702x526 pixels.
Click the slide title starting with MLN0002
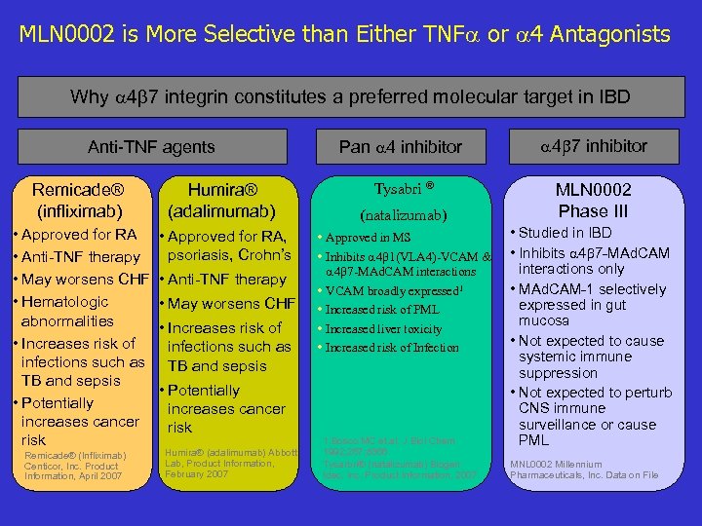pyautogui.click(x=344, y=35)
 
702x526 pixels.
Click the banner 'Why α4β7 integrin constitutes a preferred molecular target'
pyautogui.click(x=350, y=97)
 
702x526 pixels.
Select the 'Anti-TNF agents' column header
pyautogui.click(x=151, y=147)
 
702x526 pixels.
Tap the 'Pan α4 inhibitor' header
pyautogui.click(x=400, y=147)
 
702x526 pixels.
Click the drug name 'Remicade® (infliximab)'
pyautogui.click(x=78, y=200)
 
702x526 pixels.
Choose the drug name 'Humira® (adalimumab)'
pyautogui.click(x=220, y=200)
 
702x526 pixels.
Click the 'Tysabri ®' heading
pyautogui.click(x=404, y=188)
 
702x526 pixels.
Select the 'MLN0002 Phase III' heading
pyautogui.click(x=594, y=200)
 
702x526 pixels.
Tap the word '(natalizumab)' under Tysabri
pyautogui.click(x=404, y=214)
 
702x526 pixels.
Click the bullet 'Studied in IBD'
pyautogui.click(x=565, y=233)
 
